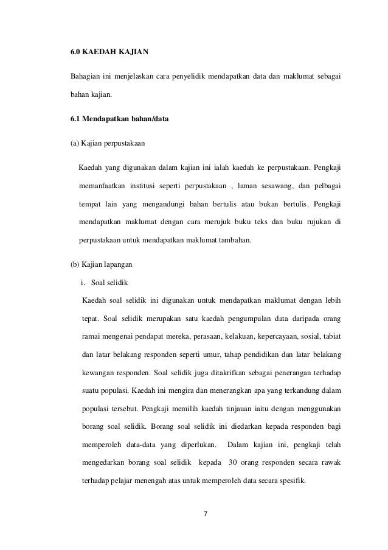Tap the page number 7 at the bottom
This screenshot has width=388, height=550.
click(x=204, y=513)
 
